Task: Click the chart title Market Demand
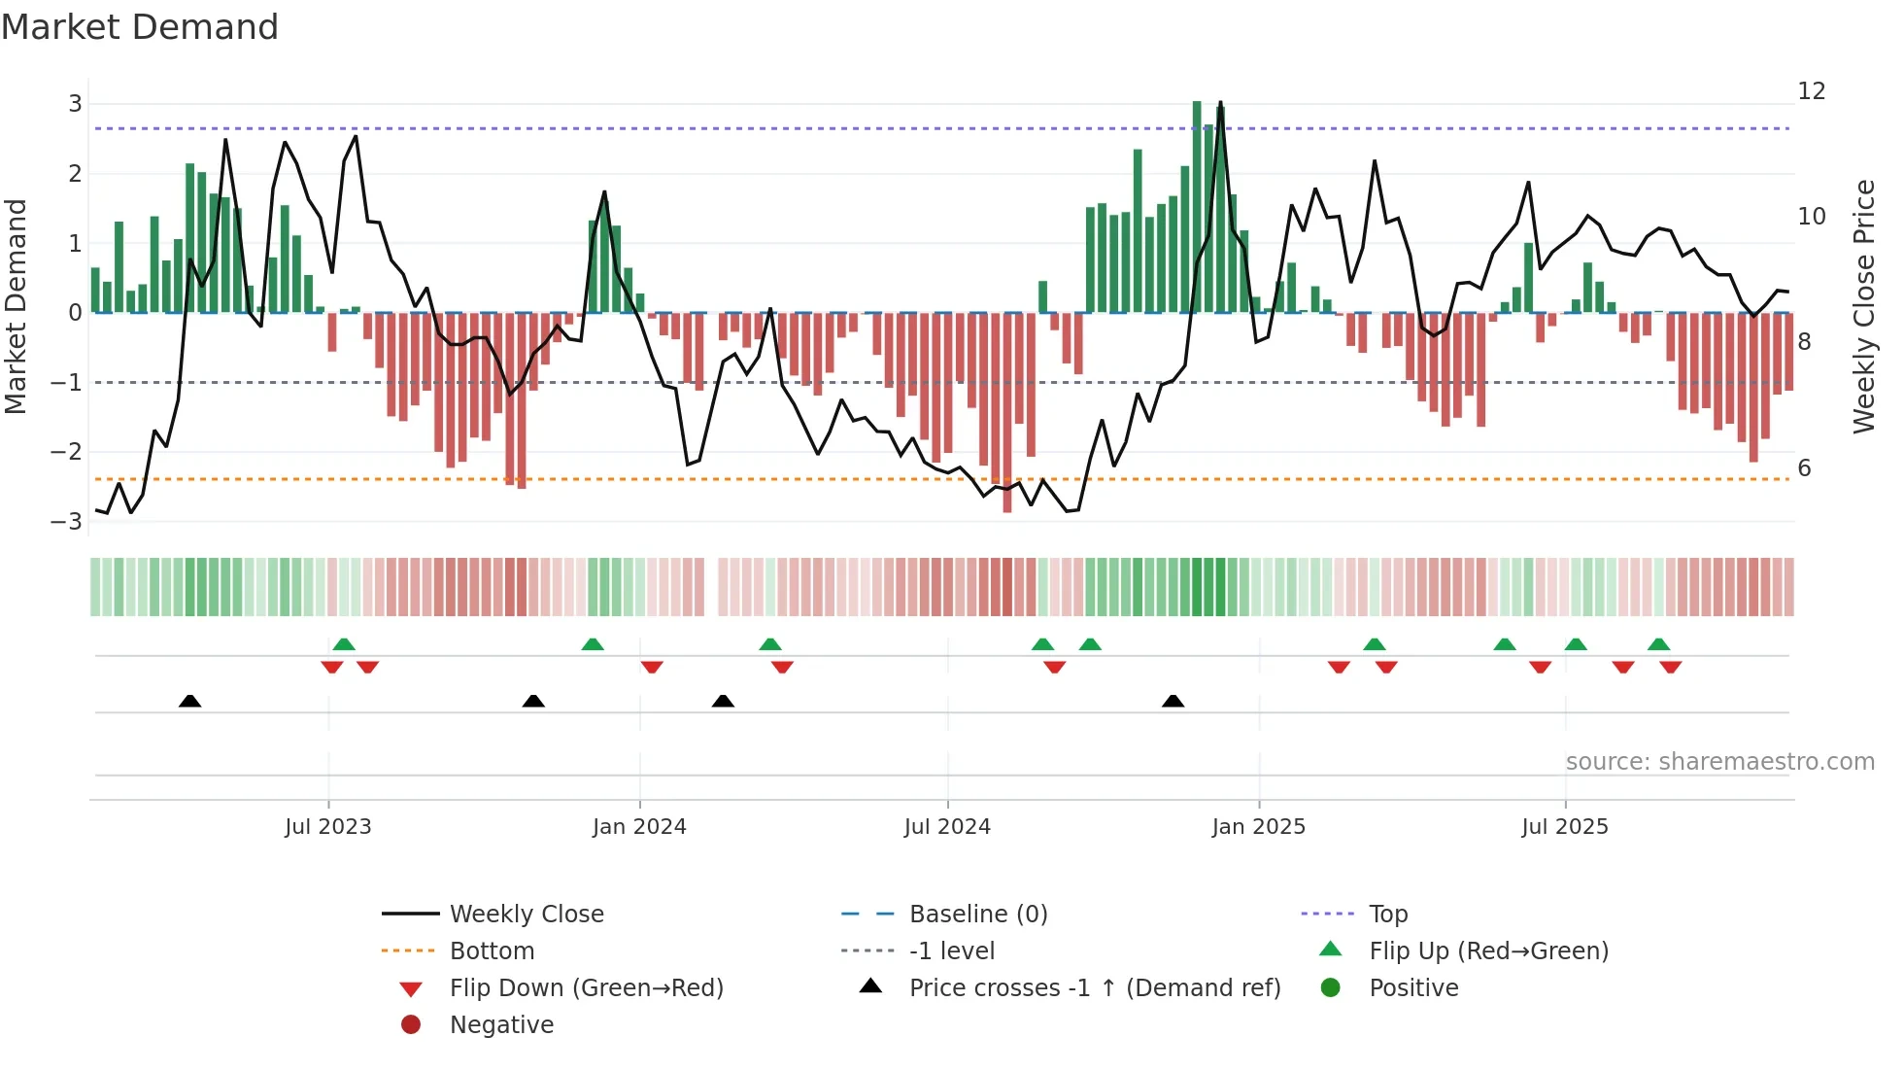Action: coord(140,26)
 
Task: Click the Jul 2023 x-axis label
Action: coord(327,826)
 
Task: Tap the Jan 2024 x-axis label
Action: coord(639,826)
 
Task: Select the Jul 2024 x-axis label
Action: coord(947,826)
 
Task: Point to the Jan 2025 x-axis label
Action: coord(1258,826)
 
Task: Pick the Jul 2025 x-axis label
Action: coord(1565,826)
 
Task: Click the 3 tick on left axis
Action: coord(75,103)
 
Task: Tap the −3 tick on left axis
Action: coord(67,521)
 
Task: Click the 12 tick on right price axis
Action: coord(1811,90)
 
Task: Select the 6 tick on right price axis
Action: coord(1804,467)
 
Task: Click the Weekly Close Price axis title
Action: coord(1863,306)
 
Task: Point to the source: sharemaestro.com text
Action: coord(1719,761)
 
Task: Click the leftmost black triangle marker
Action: coord(190,701)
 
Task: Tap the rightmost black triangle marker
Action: coord(1173,701)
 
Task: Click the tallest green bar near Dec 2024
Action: coord(1197,206)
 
